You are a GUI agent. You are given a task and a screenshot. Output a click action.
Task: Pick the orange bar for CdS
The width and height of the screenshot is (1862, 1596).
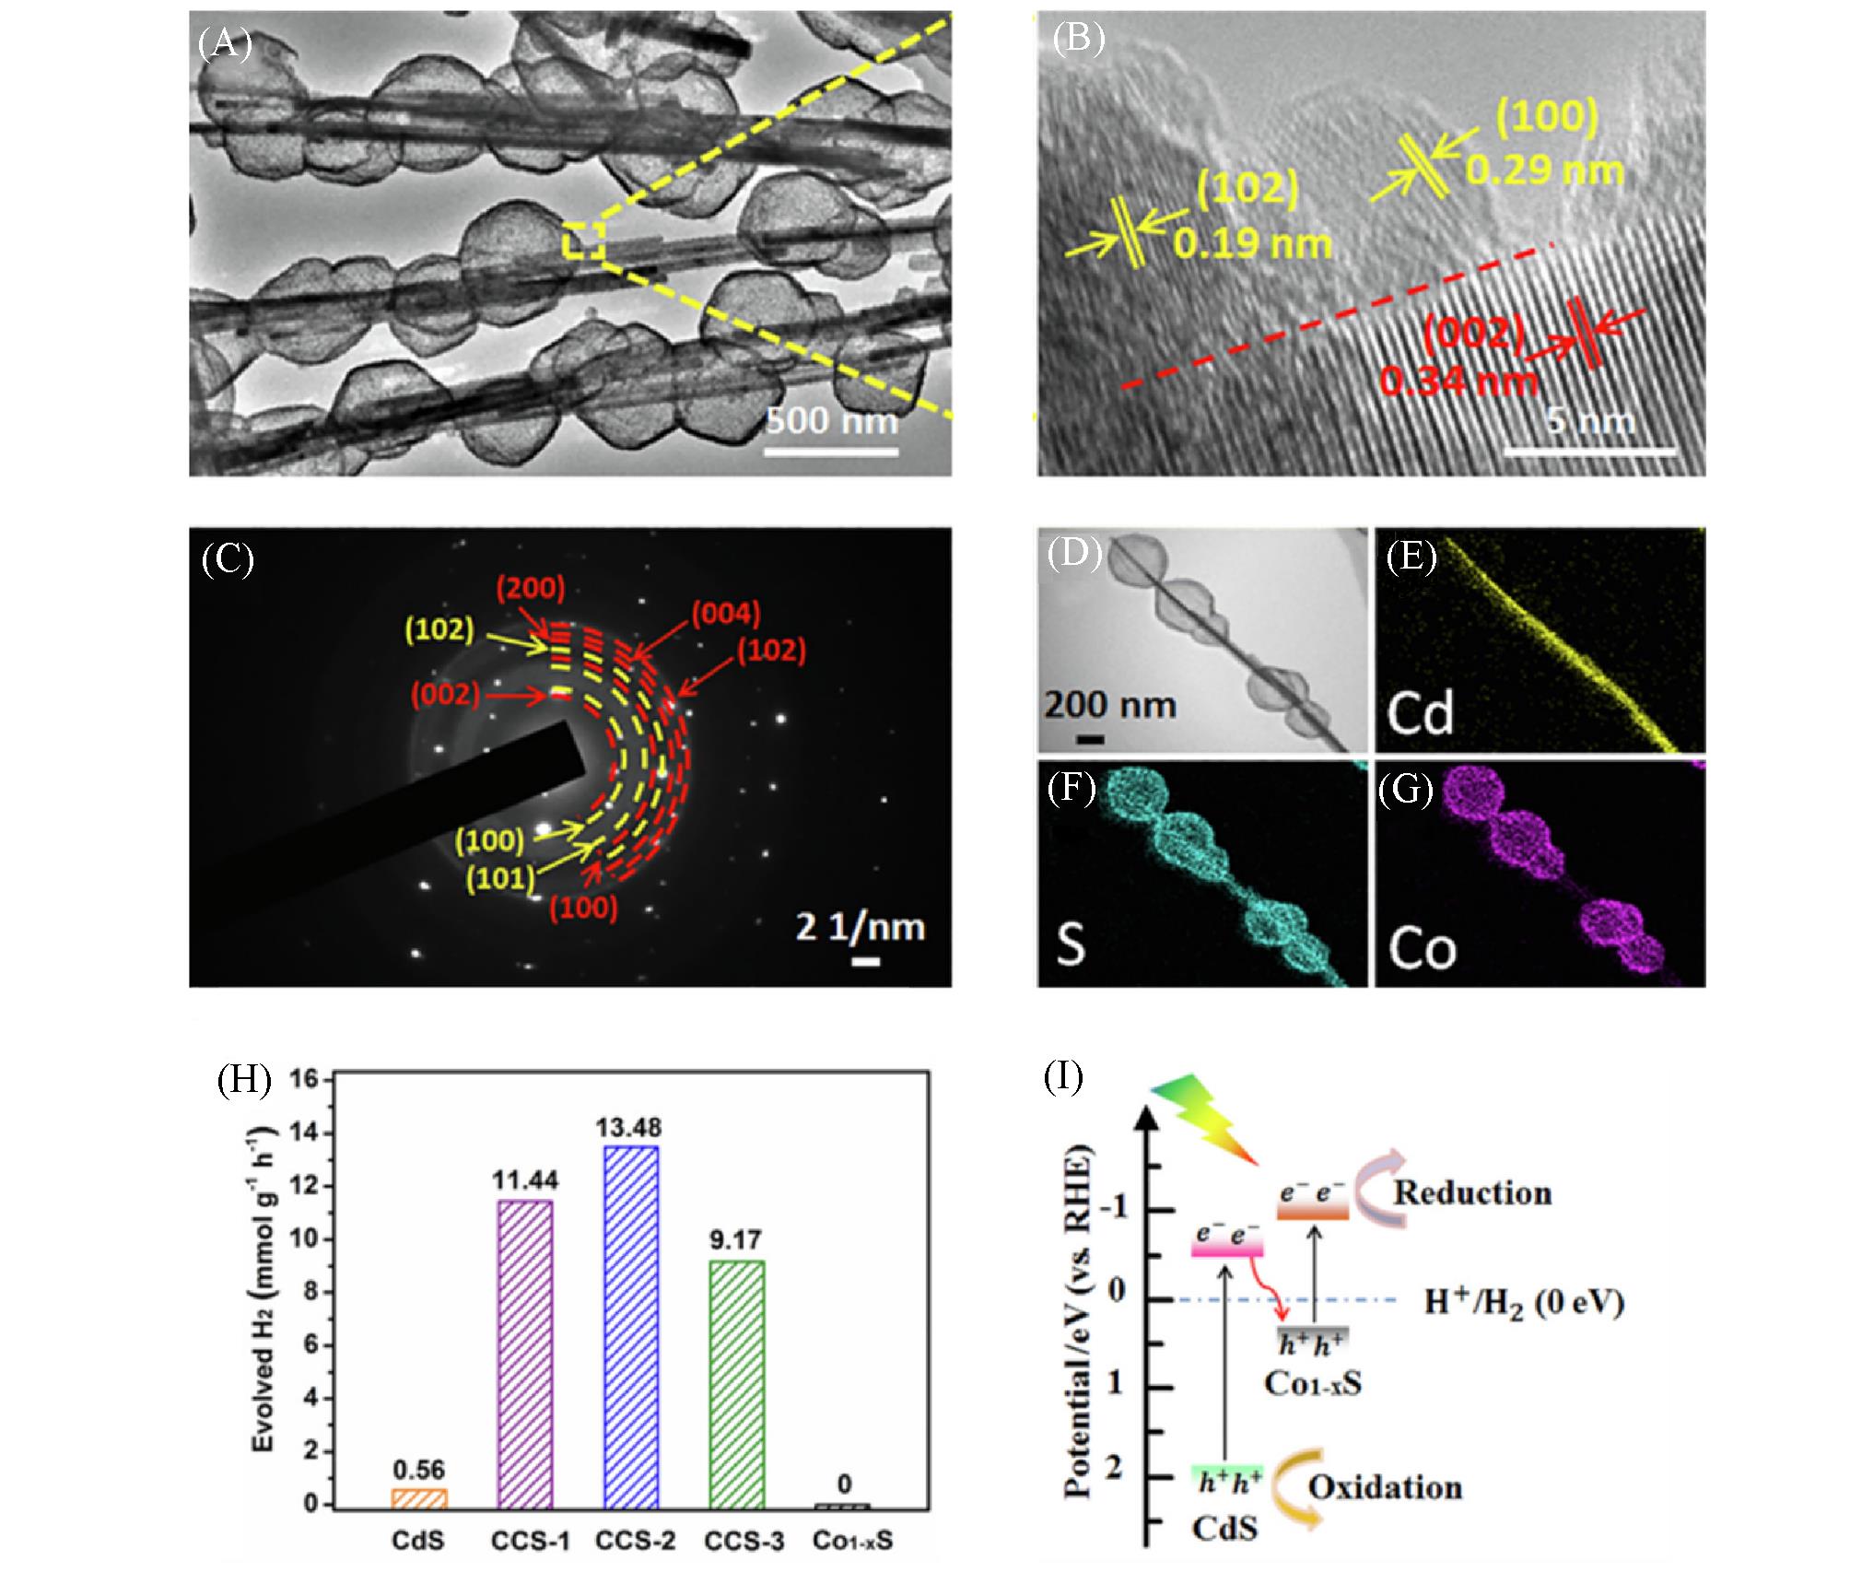(419, 1497)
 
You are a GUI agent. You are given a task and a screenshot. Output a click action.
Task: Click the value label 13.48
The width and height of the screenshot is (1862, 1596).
(629, 1128)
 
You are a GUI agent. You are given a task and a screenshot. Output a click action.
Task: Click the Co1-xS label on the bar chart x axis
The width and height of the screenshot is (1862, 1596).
(852, 1541)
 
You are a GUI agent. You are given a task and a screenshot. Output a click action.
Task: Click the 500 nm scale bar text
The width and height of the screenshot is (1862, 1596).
(831, 422)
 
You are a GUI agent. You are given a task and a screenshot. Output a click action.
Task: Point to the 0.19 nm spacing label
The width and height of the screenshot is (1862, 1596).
(1252, 243)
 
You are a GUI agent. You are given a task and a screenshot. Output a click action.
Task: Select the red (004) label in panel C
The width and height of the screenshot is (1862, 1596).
(727, 613)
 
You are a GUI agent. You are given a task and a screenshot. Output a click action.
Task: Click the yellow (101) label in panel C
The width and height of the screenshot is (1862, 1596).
(500, 877)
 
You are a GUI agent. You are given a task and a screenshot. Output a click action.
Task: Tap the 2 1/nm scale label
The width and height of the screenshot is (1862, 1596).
(861, 927)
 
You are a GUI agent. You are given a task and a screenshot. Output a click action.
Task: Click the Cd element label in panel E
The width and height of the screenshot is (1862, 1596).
(1420, 713)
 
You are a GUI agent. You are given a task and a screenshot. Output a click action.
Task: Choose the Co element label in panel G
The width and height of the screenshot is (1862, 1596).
(1423, 949)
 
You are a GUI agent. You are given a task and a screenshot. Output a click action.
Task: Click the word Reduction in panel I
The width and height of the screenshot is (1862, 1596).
(1472, 1192)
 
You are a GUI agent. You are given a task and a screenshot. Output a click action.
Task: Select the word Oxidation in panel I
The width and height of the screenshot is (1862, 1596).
(1385, 1487)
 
